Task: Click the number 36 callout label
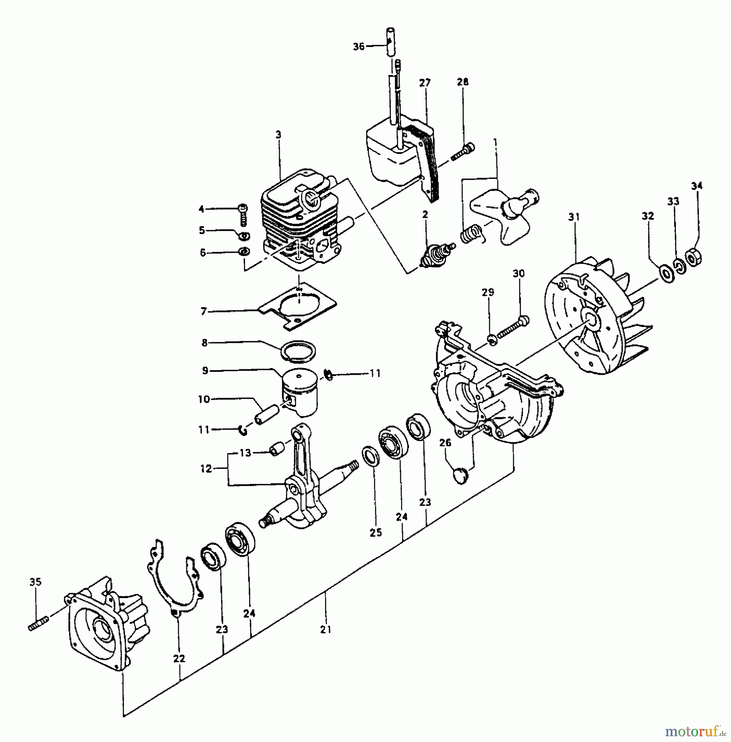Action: point(359,47)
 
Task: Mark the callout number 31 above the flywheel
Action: point(574,217)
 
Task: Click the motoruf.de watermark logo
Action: point(696,731)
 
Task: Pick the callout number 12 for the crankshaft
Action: point(206,469)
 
